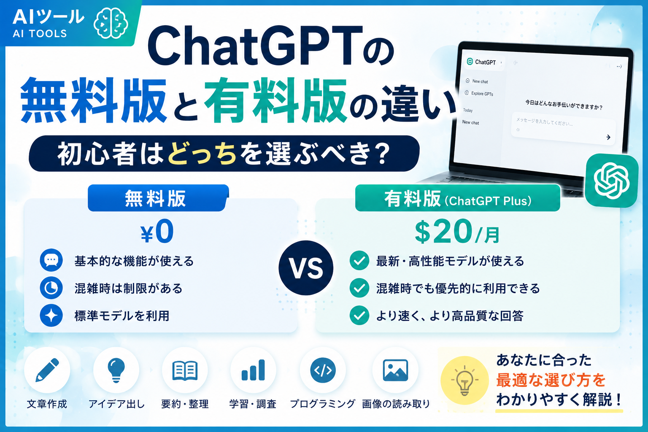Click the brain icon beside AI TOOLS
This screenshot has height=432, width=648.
tap(111, 23)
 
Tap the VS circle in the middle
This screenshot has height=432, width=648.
tap(306, 268)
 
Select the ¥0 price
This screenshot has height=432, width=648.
tap(157, 232)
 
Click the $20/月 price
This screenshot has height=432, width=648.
tap(457, 232)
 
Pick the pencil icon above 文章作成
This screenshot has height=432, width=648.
tap(47, 370)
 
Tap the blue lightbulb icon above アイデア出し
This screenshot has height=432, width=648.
tap(116, 370)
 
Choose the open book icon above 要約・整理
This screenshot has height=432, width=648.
tap(185, 370)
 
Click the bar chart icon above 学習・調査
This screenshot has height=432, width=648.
tap(253, 370)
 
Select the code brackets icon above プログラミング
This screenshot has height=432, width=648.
tap(323, 370)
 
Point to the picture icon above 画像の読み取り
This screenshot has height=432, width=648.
tap(395, 370)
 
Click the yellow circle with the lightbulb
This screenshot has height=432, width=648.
tap(464, 380)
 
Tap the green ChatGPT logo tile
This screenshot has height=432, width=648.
tap(611, 181)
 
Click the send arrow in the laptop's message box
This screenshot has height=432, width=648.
tap(608, 137)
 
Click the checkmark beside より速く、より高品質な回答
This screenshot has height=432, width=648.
tap(359, 316)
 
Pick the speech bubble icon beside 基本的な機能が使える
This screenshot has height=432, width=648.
tap(51, 260)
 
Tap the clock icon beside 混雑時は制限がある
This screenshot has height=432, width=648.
tap(51, 288)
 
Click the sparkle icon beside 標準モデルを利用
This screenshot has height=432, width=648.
tap(51, 316)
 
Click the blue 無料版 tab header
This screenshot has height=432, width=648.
tap(158, 198)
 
